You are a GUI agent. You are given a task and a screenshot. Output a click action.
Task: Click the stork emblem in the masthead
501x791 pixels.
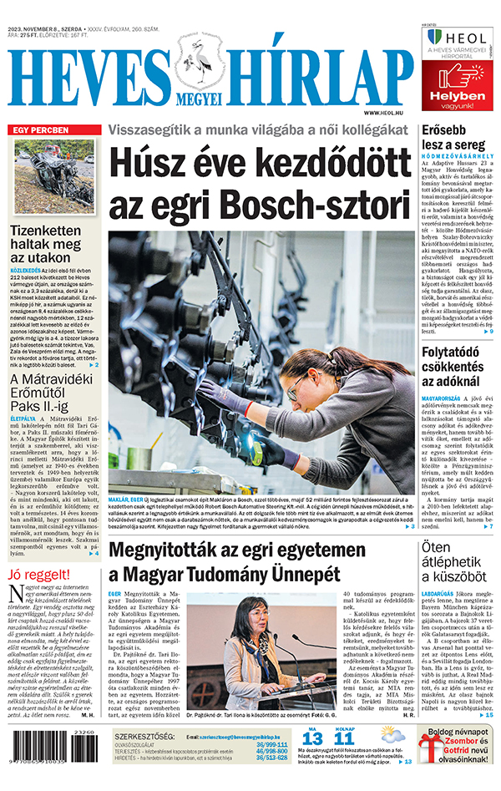point(201,68)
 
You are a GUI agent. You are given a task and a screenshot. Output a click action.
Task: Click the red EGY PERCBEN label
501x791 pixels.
point(40,130)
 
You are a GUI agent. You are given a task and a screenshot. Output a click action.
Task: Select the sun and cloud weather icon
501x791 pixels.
point(391,735)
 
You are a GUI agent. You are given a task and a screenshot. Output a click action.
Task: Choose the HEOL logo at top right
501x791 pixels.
point(460,39)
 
